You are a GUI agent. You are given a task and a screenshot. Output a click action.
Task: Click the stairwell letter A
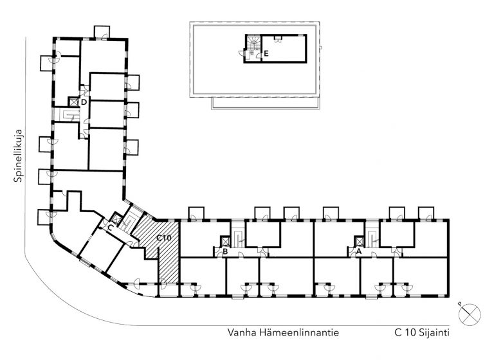click(x=358, y=251)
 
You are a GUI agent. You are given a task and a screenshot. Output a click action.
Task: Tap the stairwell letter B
click(x=225, y=251)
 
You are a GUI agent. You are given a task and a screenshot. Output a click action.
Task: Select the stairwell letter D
click(x=84, y=102)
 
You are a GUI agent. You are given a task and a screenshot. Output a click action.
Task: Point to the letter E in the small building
click(x=266, y=53)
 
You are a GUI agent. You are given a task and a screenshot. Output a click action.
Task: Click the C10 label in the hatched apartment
click(x=164, y=238)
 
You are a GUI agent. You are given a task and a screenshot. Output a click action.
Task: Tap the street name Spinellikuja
click(x=19, y=156)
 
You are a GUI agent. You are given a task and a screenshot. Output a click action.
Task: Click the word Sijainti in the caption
click(x=434, y=333)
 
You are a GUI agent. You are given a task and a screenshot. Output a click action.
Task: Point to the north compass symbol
click(x=469, y=314)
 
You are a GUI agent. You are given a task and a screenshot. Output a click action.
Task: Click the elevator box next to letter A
click(x=359, y=241)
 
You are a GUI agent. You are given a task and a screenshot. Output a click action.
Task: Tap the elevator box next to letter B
click(x=225, y=241)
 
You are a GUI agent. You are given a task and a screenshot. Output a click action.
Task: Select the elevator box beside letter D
click(x=73, y=102)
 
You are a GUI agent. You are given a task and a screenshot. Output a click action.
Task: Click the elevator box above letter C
click(x=116, y=218)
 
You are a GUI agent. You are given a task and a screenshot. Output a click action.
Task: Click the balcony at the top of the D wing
click(x=102, y=32)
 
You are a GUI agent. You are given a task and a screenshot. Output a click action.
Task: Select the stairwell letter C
click(x=110, y=228)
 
